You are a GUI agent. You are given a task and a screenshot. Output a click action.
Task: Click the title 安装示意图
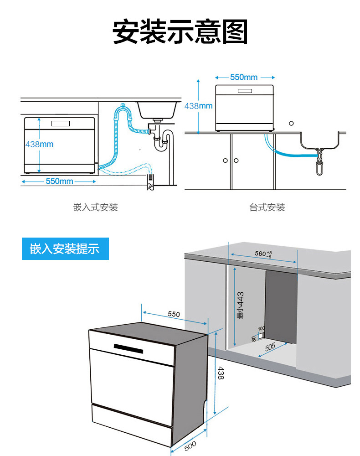point(180,31)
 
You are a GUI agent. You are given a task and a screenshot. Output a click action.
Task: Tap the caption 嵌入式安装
point(95,207)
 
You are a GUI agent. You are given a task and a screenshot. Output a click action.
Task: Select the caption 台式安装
point(267,207)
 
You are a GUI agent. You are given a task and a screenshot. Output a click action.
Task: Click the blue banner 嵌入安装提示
point(65,249)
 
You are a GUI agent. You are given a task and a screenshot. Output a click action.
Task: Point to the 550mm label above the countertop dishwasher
point(244,78)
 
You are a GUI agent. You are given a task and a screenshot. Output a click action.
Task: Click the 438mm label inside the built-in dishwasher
point(39,144)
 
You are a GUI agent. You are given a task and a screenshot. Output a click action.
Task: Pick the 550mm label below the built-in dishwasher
point(59,181)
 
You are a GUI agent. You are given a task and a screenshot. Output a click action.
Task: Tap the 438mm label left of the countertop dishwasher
point(198,106)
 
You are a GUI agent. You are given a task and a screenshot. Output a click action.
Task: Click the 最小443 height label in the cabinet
point(241,305)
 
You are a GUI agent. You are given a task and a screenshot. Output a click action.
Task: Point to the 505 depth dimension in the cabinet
point(270,347)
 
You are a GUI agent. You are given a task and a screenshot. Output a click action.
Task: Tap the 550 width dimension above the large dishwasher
point(174,314)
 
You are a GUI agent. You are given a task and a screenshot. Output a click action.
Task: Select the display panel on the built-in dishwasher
point(61,124)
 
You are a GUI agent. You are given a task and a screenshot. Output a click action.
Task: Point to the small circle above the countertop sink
point(291,124)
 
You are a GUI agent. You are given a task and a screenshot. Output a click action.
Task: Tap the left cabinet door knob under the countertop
point(225,161)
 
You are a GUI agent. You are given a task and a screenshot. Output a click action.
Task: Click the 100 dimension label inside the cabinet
point(261,328)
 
